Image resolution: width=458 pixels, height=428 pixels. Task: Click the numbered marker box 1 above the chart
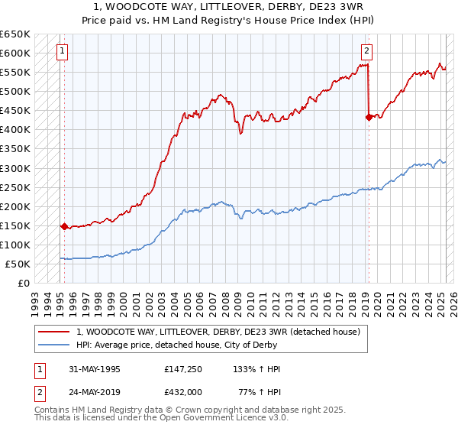[61, 52]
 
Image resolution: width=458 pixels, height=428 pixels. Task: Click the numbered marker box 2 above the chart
[366, 52]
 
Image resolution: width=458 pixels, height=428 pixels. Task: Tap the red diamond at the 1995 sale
[64, 226]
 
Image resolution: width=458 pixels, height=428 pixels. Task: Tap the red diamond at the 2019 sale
[369, 117]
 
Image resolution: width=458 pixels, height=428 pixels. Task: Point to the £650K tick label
[15, 34]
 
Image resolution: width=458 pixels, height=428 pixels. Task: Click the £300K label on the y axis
[15, 168]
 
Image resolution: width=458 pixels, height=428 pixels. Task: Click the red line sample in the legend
[53, 332]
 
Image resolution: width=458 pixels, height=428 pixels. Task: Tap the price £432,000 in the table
[183, 392]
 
